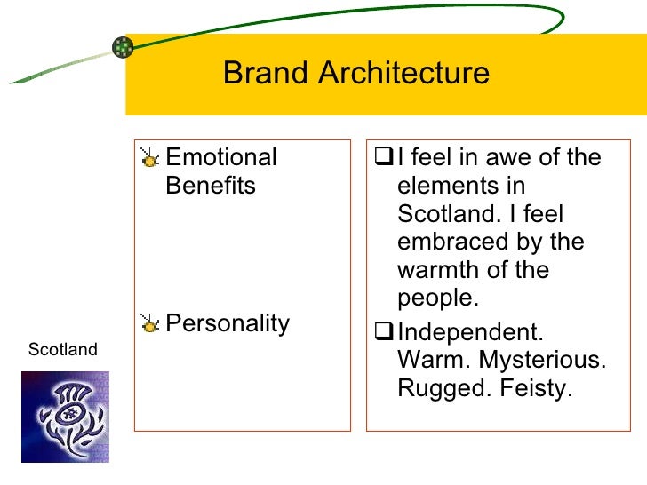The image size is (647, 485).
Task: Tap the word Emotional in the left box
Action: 221,158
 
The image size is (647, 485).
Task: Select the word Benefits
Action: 211,187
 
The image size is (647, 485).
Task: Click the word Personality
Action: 228,323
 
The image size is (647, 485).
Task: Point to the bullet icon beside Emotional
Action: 151,160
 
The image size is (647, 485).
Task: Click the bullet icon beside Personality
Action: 151,325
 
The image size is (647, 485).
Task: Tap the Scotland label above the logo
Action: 62,350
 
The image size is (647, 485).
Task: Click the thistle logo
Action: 65,417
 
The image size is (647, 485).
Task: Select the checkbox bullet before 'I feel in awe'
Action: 385,159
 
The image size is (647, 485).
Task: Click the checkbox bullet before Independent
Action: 385,334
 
